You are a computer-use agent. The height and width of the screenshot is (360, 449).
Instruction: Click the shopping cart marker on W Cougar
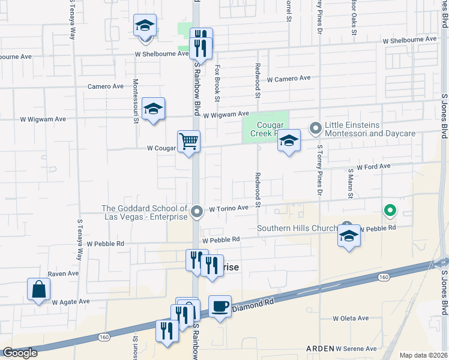click(x=188, y=142)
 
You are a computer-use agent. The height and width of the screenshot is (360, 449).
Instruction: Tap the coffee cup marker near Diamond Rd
click(x=220, y=307)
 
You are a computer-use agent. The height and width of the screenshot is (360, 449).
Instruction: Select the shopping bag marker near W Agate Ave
click(x=39, y=290)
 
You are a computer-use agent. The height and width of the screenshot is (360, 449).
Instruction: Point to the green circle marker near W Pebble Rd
click(x=390, y=211)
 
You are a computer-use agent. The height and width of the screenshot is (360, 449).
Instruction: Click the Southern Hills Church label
click(x=297, y=228)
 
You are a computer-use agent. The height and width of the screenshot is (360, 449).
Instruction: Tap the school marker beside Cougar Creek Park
click(x=289, y=142)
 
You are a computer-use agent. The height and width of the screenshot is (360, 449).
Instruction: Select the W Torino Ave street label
click(x=228, y=208)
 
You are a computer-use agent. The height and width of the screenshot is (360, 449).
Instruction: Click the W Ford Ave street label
click(x=373, y=166)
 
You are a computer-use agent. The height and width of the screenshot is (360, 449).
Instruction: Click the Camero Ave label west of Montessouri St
click(x=106, y=86)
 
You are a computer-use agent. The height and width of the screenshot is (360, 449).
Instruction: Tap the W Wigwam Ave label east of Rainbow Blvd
click(x=226, y=114)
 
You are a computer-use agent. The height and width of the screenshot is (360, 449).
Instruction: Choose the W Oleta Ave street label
click(x=351, y=318)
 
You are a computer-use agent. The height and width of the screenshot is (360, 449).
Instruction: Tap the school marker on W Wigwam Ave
click(x=153, y=109)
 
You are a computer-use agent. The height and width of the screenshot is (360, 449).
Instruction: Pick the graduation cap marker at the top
click(x=145, y=26)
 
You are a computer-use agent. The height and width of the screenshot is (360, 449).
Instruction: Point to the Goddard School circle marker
click(x=197, y=211)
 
